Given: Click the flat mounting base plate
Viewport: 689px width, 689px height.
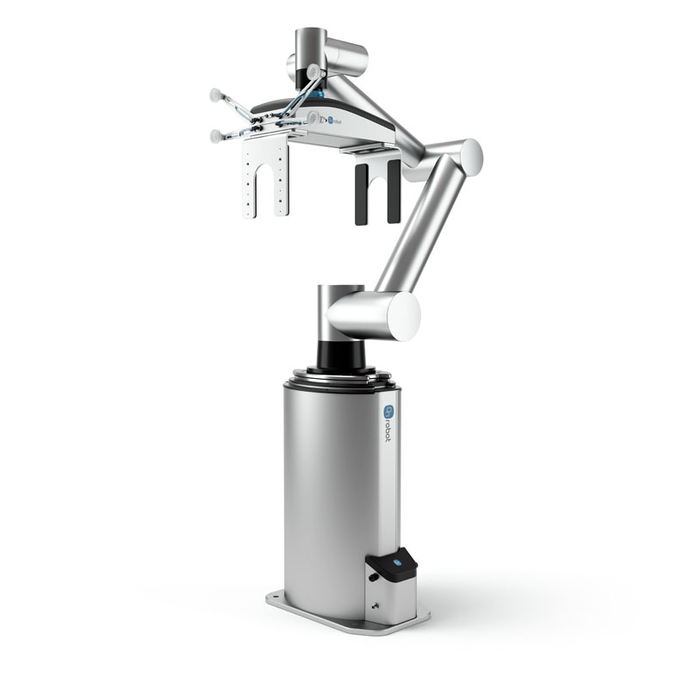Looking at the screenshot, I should (344, 611).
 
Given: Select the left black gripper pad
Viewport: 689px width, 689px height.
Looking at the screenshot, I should (361, 193).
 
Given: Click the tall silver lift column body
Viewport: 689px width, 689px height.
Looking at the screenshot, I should (336, 482).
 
